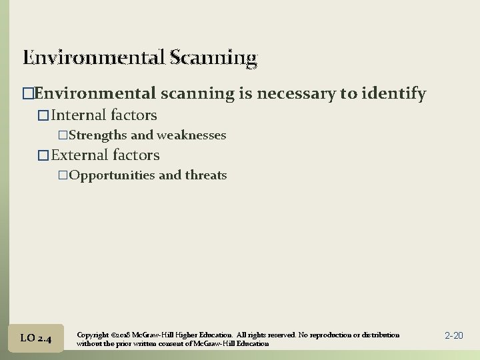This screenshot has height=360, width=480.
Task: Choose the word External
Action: [80, 155]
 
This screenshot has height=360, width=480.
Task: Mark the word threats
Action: [205, 175]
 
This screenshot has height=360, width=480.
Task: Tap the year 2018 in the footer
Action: [124, 335]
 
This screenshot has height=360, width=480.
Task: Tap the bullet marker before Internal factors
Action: [44, 116]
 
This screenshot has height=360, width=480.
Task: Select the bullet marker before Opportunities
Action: [63, 175]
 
